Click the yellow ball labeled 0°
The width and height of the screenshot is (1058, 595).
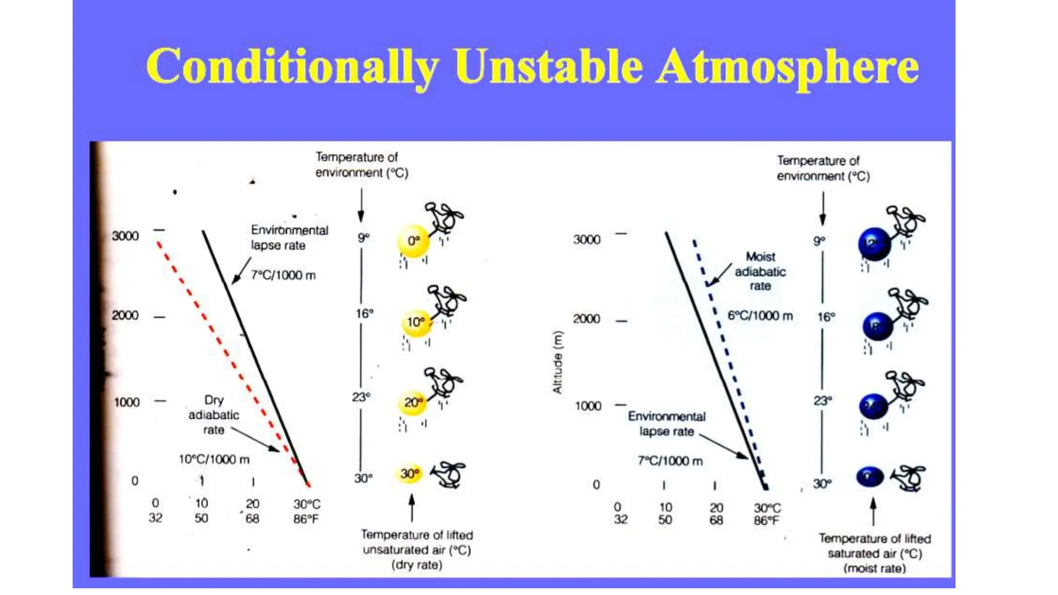413,241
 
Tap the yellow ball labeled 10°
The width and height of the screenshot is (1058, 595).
416,322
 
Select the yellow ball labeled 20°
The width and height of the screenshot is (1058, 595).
413,403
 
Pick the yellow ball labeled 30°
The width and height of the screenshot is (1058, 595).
409,474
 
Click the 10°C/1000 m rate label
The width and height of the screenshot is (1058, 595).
214,459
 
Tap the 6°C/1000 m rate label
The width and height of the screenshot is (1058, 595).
760,316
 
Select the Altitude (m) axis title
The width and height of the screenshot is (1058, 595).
557,362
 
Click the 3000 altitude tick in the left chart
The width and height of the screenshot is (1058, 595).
126,236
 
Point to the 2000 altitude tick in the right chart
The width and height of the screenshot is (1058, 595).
587,319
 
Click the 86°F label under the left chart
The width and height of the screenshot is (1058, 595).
306,519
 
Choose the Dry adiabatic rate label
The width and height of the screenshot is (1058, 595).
213,415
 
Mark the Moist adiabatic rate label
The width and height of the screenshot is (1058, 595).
760,271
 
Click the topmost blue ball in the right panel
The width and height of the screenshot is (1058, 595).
874,244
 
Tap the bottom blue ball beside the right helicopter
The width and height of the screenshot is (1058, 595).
870,476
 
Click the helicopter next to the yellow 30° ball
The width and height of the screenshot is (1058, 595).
448,475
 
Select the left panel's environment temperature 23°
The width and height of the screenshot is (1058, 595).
361,397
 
